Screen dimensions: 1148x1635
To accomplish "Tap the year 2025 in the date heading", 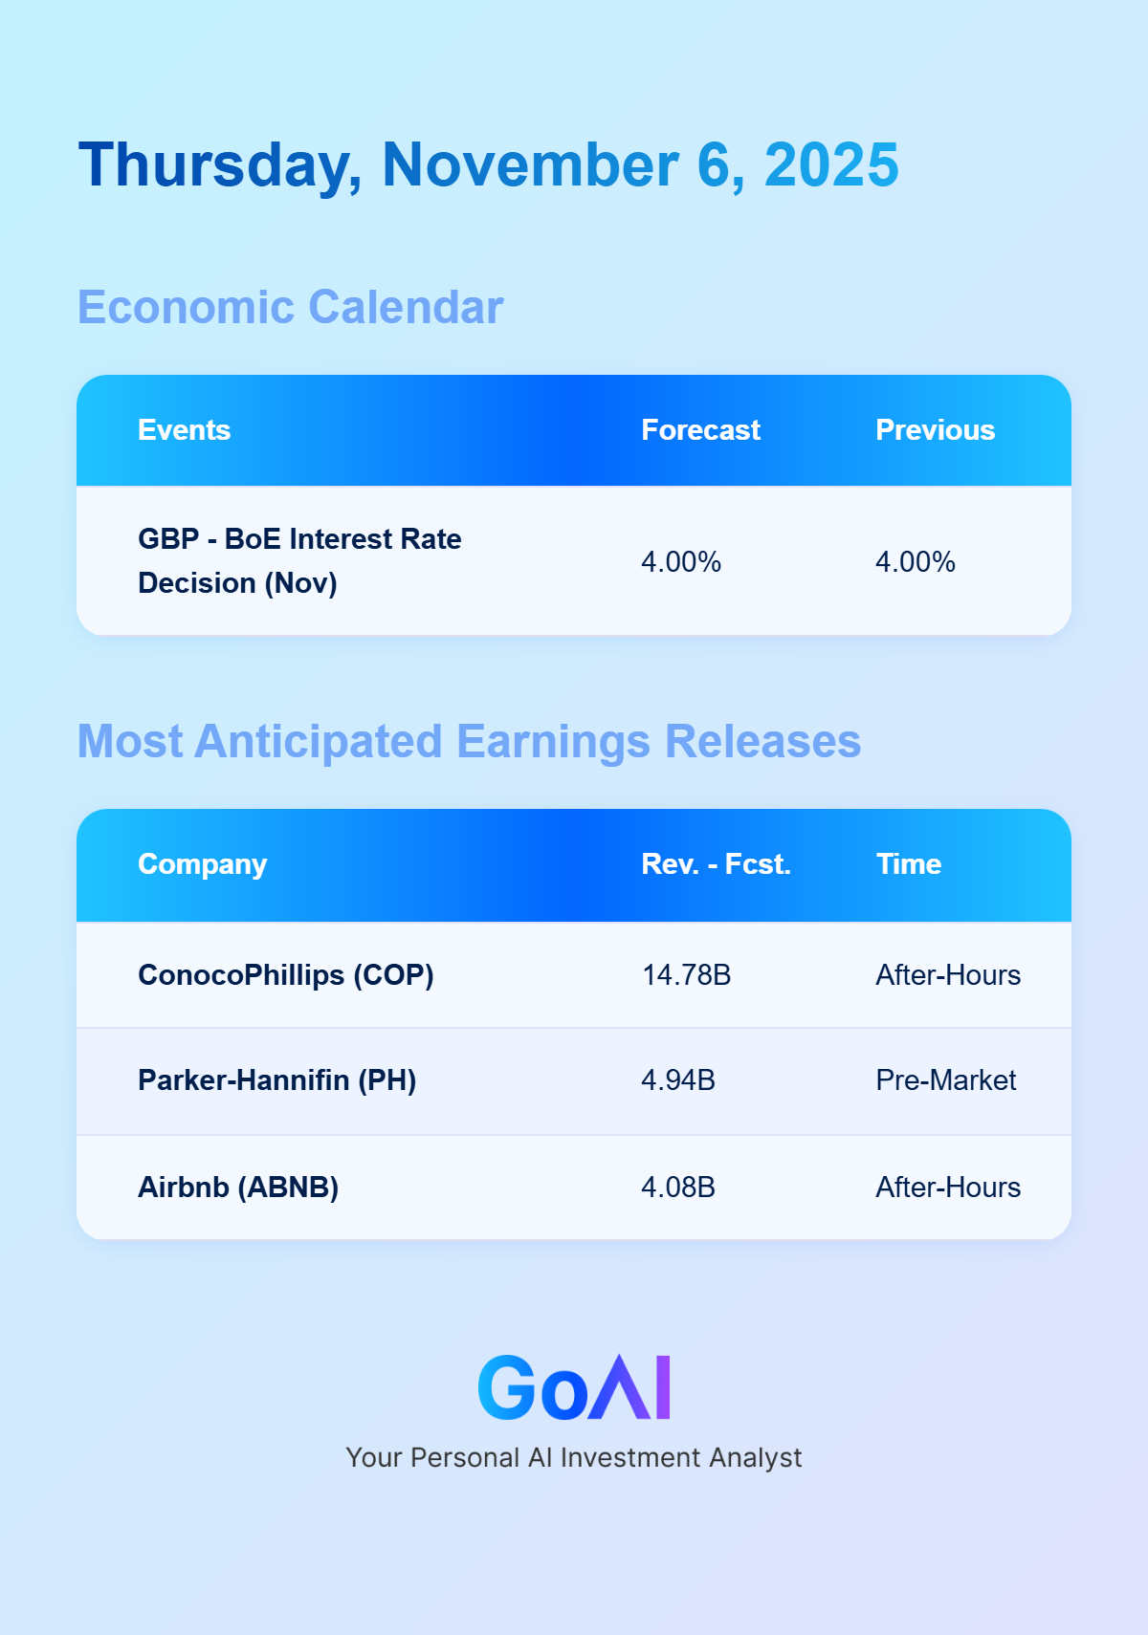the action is [x=831, y=165].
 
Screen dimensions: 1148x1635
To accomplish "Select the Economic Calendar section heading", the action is [x=291, y=307].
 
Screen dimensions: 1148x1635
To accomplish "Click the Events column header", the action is [x=184, y=430].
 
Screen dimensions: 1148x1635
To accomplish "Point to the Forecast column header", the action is [x=700, y=430].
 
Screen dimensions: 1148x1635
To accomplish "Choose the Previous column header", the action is [x=935, y=430].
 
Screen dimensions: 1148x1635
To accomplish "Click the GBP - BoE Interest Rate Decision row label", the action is [x=299, y=560].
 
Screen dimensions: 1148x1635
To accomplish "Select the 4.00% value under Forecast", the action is [x=680, y=562].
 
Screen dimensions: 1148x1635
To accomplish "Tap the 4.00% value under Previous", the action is [x=915, y=562].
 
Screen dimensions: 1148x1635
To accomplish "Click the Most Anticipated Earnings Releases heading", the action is [x=470, y=742].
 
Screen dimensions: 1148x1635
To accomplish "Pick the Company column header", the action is [x=202, y=865].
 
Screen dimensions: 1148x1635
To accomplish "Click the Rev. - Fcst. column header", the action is [x=716, y=864].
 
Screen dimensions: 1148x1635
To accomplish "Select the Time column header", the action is [x=909, y=864].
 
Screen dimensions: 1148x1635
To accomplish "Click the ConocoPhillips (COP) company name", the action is [x=285, y=975].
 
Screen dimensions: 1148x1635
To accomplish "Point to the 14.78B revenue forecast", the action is [x=687, y=975].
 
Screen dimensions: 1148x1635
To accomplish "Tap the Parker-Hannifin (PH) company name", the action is [x=276, y=1080].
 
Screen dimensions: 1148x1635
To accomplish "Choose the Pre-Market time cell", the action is [x=946, y=1080].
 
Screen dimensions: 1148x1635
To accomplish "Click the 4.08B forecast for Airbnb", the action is [x=677, y=1188].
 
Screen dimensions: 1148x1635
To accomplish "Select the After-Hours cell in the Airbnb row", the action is [x=948, y=1188].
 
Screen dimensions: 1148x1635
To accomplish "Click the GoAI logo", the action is [x=574, y=1386].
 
